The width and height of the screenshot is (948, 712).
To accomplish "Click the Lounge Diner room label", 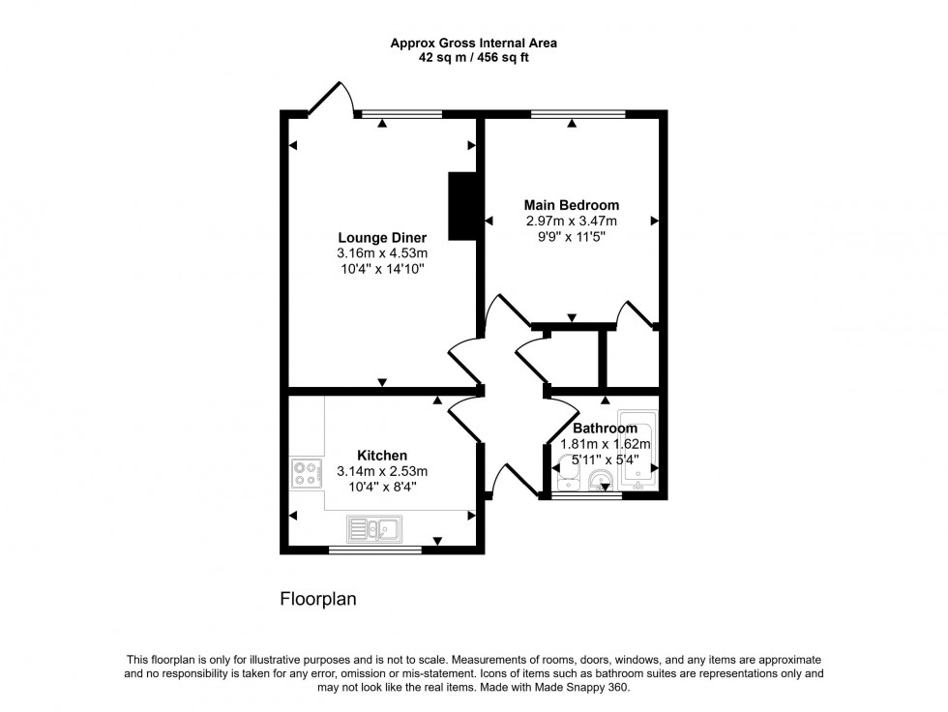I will (x=382, y=237).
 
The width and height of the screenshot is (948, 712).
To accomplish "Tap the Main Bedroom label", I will (x=571, y=205).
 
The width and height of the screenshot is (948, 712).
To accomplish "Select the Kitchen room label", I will (x=382, y=456).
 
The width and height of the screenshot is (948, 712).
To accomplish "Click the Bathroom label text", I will (x=605, y=429).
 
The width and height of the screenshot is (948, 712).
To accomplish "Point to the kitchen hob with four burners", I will (x=307, y=473).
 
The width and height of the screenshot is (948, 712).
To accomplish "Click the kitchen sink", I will (x=374, y=528).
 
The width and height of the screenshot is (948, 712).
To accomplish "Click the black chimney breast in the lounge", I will (x=464, y=205).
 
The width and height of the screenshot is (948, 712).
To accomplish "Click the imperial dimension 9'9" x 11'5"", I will (x=571, y=236).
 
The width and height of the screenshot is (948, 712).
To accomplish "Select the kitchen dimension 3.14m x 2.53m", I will (x=382, y=471).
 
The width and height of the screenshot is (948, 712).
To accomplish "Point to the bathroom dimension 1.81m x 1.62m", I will (x=606, y=444).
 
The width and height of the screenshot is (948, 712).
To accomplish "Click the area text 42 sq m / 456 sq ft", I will (x=473, y=57).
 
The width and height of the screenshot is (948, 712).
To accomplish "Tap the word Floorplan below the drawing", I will (x=318, y=600).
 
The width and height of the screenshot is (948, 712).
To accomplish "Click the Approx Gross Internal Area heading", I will (x=473, y=43).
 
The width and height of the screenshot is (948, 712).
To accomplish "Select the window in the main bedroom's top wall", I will (x=578, y=114).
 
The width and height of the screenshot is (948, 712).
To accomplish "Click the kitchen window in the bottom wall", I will (x=374, y=550).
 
